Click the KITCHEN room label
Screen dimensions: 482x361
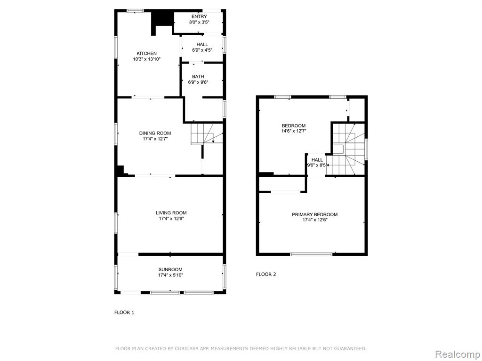[147, 54]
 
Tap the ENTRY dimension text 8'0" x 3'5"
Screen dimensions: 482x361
[199, 22]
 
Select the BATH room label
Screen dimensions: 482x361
[198, 77]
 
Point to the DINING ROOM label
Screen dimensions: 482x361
[155, 133]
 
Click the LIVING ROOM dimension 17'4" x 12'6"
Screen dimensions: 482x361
[171, 219]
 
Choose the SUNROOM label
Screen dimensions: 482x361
[170, 269]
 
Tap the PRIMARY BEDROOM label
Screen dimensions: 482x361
[315, 214]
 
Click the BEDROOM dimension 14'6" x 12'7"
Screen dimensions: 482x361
[294, 131]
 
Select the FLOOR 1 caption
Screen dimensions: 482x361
[124, 313]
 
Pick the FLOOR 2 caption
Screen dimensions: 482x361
[266, 274]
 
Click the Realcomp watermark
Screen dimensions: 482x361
[458, 354]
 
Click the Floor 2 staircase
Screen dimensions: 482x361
[349, 149]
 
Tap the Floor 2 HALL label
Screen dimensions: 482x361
[317, 160]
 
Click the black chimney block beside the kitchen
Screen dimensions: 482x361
[162, 22]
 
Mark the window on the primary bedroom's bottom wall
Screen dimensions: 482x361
[312, 254]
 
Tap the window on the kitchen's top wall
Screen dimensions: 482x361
[135, 11]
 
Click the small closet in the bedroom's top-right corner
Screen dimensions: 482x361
[357, 110]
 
